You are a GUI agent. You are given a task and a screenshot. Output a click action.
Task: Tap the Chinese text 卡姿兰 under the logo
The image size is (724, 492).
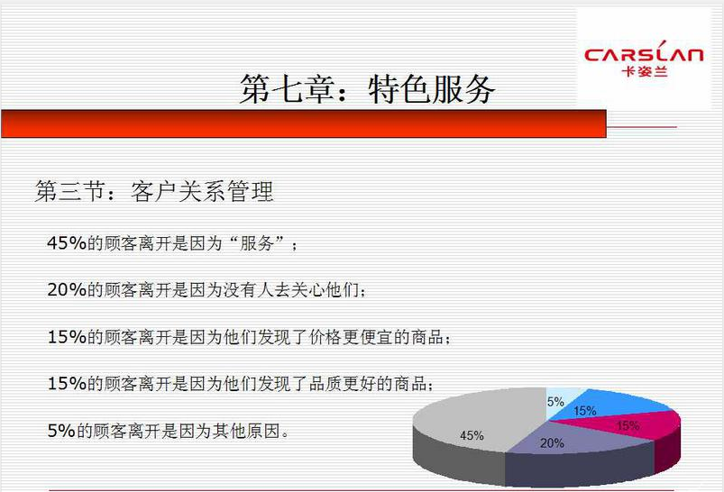coord(645,71)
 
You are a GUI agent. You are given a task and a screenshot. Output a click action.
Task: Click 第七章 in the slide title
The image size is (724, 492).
coord(288,88)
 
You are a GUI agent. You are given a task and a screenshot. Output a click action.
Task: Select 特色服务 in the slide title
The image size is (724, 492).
coord(432,88)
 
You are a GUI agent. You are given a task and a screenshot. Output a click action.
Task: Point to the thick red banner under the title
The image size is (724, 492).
coord(303,123)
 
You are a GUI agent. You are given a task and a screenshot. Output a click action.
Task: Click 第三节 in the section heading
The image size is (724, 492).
coord(70,191)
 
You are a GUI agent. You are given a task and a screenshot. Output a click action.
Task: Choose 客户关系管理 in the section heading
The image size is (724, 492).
coord(202,191)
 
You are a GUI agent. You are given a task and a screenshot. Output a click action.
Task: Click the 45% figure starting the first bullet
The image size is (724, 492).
coord(67,242)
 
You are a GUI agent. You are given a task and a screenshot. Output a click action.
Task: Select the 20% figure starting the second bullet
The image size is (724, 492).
coord(67,290)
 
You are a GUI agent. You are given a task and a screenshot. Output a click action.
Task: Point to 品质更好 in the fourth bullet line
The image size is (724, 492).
coord(344,384)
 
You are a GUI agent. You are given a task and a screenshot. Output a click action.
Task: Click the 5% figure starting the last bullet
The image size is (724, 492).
coord(62,431)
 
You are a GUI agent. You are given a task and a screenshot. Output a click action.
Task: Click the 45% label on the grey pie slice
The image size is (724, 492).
coord(472,435)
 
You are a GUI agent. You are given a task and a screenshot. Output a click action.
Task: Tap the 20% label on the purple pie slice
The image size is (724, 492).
coord(552,443)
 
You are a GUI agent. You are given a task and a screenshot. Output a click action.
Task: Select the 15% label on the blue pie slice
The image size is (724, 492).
coord(585,410)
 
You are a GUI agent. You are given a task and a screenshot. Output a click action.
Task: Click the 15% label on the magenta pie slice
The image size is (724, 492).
coord(628,425)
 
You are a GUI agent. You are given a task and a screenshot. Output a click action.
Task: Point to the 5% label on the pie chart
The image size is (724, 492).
coord(555,402)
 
